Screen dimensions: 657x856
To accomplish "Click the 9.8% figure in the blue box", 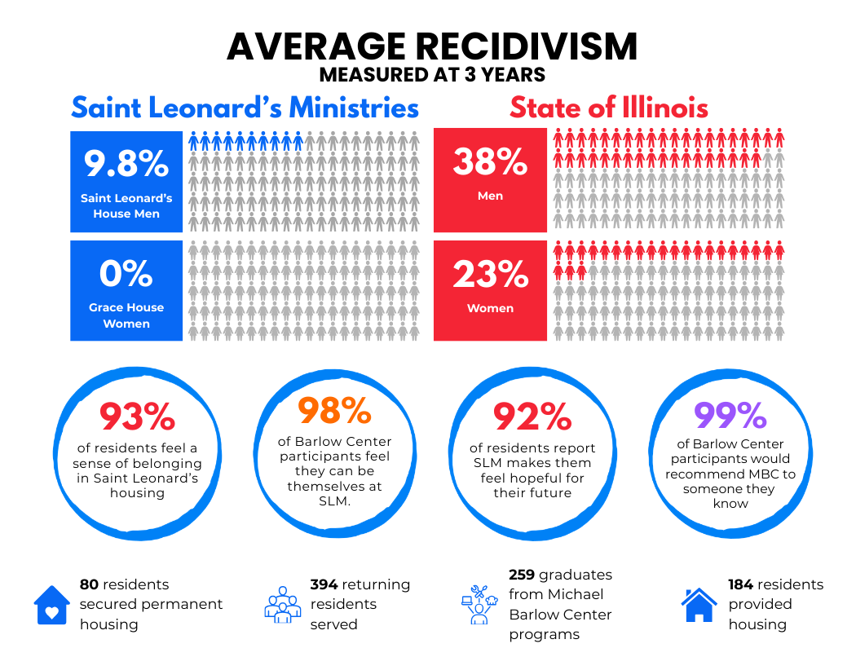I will pyautogui.click(x=126, y=164).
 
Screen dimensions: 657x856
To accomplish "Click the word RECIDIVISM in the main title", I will pyautogui.click(x=510, y=46).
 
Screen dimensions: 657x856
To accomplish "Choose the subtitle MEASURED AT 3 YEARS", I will pyautogui.click(x=432, y=75).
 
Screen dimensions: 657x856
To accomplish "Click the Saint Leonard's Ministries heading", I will pyautogui.click(x=245, y=108).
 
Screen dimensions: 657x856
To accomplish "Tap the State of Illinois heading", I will pyautogui.click(x=608, y=108).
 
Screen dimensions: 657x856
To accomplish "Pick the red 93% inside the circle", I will pyautogui.click(x=137, y=417).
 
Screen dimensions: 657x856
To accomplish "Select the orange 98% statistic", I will pyautogui.click(x=334, y=412).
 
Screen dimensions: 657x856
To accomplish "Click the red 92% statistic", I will pyautogui.click(x=532, y=417).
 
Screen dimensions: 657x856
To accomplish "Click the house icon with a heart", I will pyautogui.click(x=52, y=605).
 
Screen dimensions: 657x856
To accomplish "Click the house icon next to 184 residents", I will pyautogui.click(x=699, y=604).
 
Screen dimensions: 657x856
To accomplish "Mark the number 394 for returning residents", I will pyautogui.click(x=324, y=584).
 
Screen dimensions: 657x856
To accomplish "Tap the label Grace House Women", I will pyautogui.click(x=126, y=315).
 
